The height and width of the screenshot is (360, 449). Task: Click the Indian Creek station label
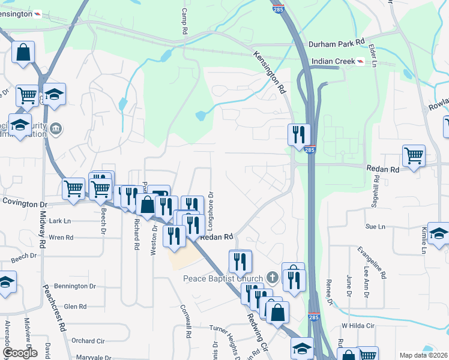(x=333, y=61)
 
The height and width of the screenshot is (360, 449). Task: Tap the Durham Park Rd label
(x=337, y=43)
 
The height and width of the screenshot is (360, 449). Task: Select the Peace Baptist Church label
(x=223, y=278)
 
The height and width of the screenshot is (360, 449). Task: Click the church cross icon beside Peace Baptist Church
(x=273, y=278)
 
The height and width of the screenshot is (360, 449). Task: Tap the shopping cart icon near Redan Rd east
(x=414, y=155)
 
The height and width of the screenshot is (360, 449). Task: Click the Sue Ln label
(x=375, y=226)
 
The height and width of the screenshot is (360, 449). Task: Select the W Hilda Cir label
(x=358, y=326)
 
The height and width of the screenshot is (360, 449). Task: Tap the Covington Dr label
(x=24, y=203)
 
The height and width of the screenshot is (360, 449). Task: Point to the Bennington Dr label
(x=75, y=286)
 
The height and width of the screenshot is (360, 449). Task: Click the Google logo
(x=20, y=353)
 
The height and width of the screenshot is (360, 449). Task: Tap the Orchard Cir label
(x=88, y=341)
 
